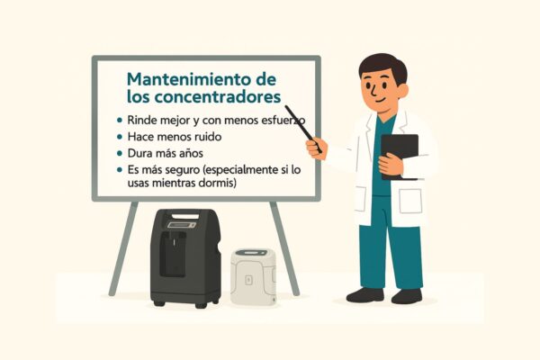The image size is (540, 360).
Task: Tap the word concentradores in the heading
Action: [217, 97]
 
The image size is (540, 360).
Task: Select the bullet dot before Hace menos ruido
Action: [120, 137]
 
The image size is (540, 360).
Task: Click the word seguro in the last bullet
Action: [183, 170]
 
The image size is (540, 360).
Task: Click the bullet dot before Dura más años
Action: [120, 153]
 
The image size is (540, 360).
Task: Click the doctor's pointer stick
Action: [302, 129]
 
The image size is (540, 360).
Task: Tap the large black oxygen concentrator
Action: [185, 258]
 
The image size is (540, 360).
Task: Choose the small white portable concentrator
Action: [253, 276]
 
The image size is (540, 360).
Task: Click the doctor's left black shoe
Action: [407, 296]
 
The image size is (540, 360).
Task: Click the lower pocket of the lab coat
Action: [410, 201]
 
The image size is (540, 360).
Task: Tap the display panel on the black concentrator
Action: [182, 225]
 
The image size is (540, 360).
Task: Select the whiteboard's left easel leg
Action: [123, 248]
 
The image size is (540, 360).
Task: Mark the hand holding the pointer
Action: [317, 148]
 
